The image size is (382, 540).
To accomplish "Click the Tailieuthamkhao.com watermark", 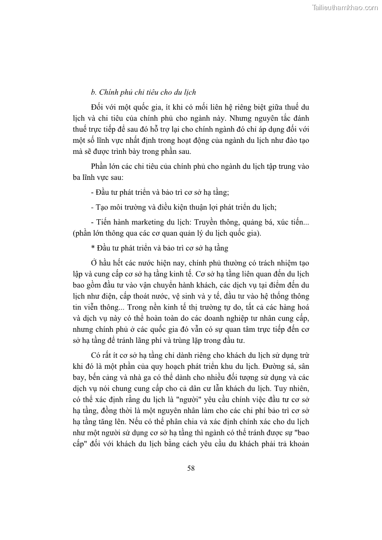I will coord(345,7).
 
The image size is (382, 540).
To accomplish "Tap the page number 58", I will coord(191,468).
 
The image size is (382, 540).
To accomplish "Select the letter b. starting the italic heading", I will coord(94,92).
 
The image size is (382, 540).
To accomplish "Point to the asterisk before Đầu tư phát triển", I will coord(92,249).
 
